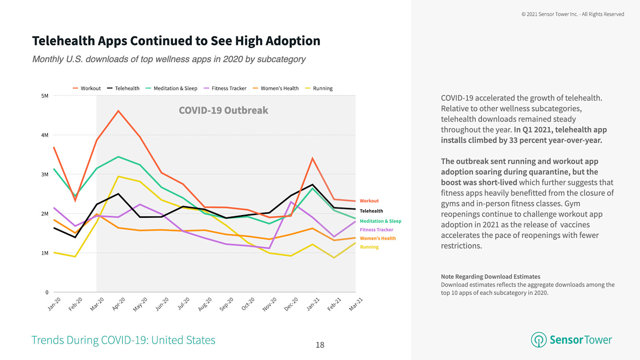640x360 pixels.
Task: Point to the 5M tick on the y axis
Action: (x=44, y=96)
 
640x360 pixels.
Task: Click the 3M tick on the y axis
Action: (x=44, y=174)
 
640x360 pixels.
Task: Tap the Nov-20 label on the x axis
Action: (x=269, y=304)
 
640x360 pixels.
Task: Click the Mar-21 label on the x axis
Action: (x=356, y=304)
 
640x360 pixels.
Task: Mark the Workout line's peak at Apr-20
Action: (x=118, y=111)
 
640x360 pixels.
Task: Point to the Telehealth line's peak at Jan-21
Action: (x=312, y=184)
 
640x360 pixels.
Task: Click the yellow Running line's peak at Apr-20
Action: (x=118, y=176)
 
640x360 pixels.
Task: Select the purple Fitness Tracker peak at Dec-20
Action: (x=291, y=202)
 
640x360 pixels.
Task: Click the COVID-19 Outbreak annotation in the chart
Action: (x=223, y=110)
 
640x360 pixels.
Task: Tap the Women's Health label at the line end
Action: (x=377, y=238)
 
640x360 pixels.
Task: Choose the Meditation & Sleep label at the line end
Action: (x=380, y=221)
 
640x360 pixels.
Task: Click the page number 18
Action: (x=320, y=345)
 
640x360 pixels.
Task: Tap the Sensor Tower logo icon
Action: (x=539, y=340)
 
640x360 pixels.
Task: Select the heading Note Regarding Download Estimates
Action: (x=490, y=276)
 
